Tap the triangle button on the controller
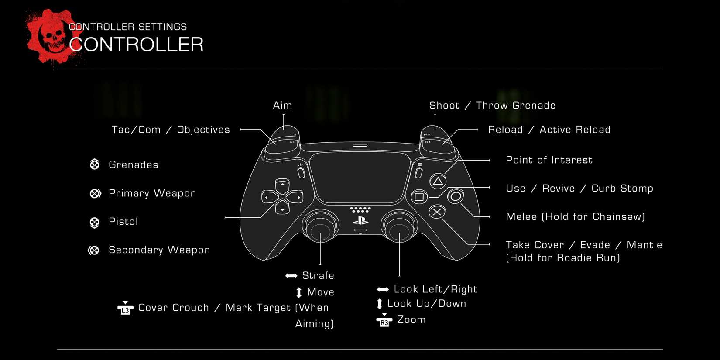(x=438, y=181)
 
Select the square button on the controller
(x=419, y=197)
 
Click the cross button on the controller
(x=436, y=212)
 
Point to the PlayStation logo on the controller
(x=360, y=220)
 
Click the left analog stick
(x=320, y=227)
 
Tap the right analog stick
(x=399, y=227)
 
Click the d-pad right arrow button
(x=296, y=197)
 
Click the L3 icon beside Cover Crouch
(x=125, y=308)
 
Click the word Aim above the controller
(x=282, y=106)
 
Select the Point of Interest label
(x=549, y=160)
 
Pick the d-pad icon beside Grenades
(x=94, y=165)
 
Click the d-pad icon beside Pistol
(x=94, y=222)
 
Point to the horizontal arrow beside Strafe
(x=291, y=276)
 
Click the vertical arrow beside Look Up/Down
(x=380, y=304)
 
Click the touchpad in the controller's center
(x=360, y=177)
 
